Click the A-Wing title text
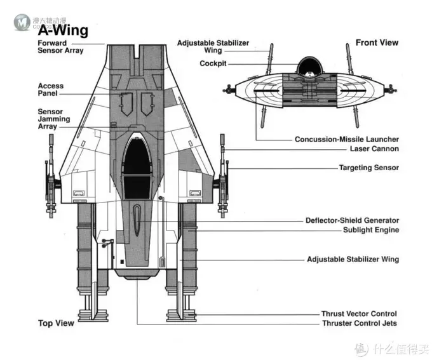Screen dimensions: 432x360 [x=63, y=30]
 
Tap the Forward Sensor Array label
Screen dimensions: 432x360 [x=60, y=47]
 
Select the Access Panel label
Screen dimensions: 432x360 [x=51, y=90]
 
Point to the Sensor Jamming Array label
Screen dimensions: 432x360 [x=54, y=119]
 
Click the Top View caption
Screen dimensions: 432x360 [x=56, y=323]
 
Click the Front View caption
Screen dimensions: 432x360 [x=377, y=43]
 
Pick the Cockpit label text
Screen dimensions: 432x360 [x=213, y=63]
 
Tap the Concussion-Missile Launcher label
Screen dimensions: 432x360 [x=347, y=140]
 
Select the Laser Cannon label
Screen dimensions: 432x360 [x=374, y=149]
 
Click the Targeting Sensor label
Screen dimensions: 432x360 [x=369, y=168]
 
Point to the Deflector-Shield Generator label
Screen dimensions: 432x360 [x=353, y=220]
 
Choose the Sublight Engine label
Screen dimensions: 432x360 [x=371, y=230]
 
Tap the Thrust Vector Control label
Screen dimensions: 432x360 [x=359, y=314]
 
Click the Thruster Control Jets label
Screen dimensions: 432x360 [x=360, y=323]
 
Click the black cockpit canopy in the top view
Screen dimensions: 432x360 [x=137, y=168]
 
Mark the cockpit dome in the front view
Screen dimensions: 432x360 [x=310, y=66]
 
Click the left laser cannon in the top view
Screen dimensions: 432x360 [x=51, y=177]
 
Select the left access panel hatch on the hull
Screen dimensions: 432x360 [x=126, y=104]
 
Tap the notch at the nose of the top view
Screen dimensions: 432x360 [x=137, y=51]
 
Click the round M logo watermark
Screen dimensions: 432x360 [x=22, y=22]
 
